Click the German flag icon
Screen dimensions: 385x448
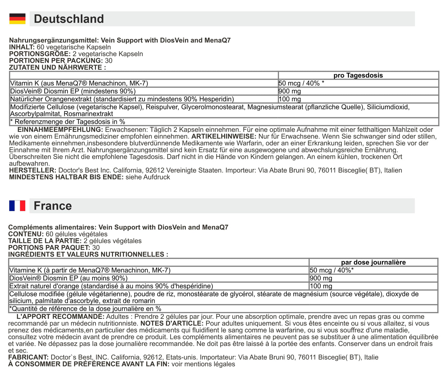pyautogui.click(x=17, y=19)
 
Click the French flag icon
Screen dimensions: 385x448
pyautogui.click(x=17, y=206)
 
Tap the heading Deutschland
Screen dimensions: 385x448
pyautogui.click(x=69, y=19)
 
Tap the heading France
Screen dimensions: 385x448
pyautogui.click(x=53, y=206)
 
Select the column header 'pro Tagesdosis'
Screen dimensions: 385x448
pyautogui.click(x=358, y=76)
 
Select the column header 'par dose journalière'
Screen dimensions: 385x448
pyautogui.click(x=373, y=262)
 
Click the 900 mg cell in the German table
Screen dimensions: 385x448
pyautogui.click(x=290, y=91)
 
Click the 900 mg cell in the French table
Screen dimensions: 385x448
pyautogui.click(x=321, y=278)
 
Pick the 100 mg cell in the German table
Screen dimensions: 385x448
pyautogui.click(x=290, y=99)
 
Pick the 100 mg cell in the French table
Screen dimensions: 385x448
pyautogui.click(x=321, y=286)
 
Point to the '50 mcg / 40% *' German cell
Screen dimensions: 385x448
pyautogui.click(x=301, y=83)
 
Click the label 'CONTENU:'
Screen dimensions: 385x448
pyautogui.click(x=26, y=234)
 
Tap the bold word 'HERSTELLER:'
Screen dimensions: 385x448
pyautogui.click(x=33, y=170)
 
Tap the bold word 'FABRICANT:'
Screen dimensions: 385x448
pyautogui.click(x=28, y=357)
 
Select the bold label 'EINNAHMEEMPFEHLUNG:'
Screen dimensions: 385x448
pyautogui.click(x=60, y=130)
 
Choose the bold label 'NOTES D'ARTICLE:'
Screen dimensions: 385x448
pyautogui.click(x=172, y=324)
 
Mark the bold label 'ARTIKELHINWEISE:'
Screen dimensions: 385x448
pyautogui.click(x=224, y=136)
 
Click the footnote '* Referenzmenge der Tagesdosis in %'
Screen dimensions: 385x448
pyautogui.click(x=68, y=122)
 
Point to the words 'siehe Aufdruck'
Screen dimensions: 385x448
pyautogui.click(x=148, y=177)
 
